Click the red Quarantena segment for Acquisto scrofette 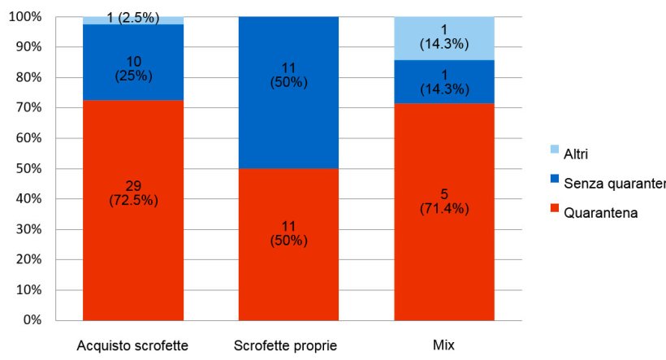click(132, 244)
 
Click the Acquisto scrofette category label click(132, 345)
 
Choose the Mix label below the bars click(444, 345)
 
